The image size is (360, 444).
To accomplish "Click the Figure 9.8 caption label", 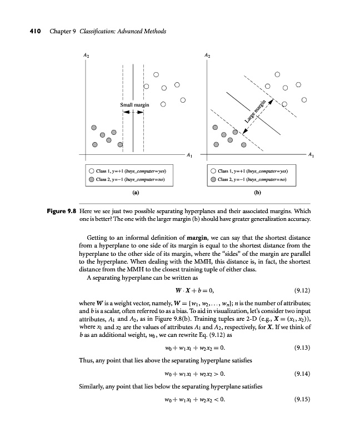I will (61, 211).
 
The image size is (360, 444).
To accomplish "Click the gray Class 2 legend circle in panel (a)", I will (90, 179).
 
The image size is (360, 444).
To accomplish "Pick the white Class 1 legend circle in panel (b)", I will (213, 171).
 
